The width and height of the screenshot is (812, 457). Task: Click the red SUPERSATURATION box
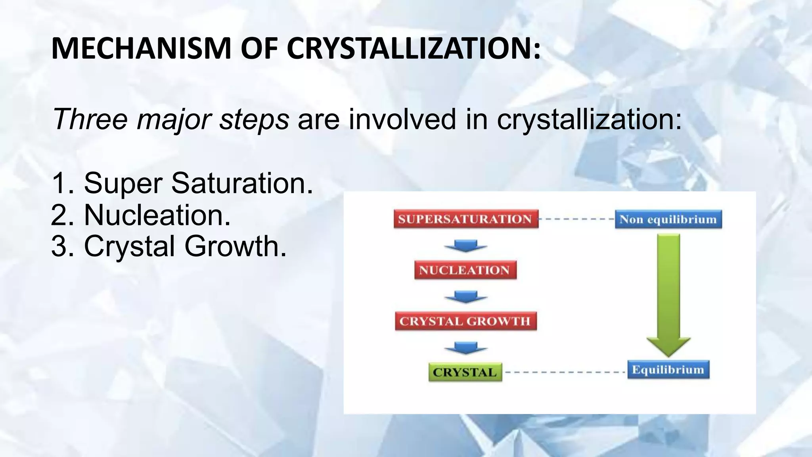pyautogui.click(x=466, y=219)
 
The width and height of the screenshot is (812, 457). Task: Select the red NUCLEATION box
pyautogui.click(x=465, y=270)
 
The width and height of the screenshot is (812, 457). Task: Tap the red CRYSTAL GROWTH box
pyautogui.click(x=465, y=321)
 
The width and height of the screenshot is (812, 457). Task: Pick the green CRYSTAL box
pyautogui.click(x=465, y=372)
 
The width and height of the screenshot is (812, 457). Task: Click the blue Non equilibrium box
pyautogui.click(x=668, y=219)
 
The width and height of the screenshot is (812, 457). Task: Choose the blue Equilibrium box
pyautogui.click(x=668, y=370)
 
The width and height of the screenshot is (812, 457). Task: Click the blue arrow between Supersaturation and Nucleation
pyautogui.click(x=465, y=246)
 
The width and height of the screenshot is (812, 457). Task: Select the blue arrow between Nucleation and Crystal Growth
pyautogui.click(x=465, y=296)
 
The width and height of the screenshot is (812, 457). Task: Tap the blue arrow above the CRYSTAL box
pyautogui.click(x=465, y=347)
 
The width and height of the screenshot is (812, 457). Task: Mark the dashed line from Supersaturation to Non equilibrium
pyautogui.click(x=577, y=219)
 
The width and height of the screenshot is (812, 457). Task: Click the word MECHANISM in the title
pyautogui.click(x=141, y=48)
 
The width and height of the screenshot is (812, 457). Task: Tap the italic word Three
pyautogui.click(x=90, y=119)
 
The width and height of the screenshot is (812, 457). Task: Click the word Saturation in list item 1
pyautogui.click(x=242, y=183)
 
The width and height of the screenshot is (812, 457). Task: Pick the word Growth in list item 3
pyautogui.click(x=235, y=246)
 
